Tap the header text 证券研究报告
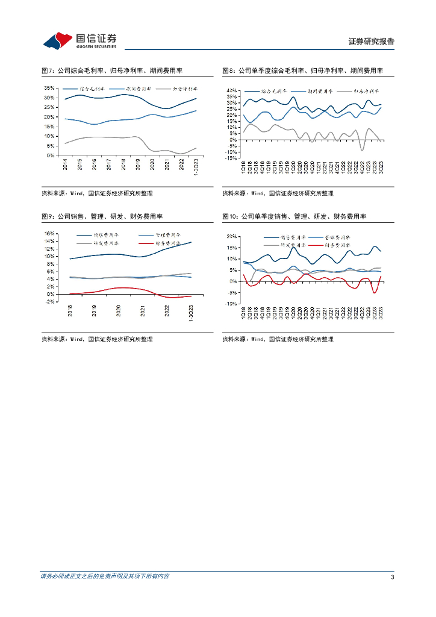tap(372, 42)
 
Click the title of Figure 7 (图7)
tap(116, 70)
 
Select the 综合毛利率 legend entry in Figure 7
tap(93, 89)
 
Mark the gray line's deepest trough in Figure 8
tap(362, 150)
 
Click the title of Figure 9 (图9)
tap(106, 216)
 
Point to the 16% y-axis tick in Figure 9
tap(50, 233)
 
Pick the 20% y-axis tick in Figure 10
tap(232, 236)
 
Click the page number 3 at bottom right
tap(392, 577)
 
